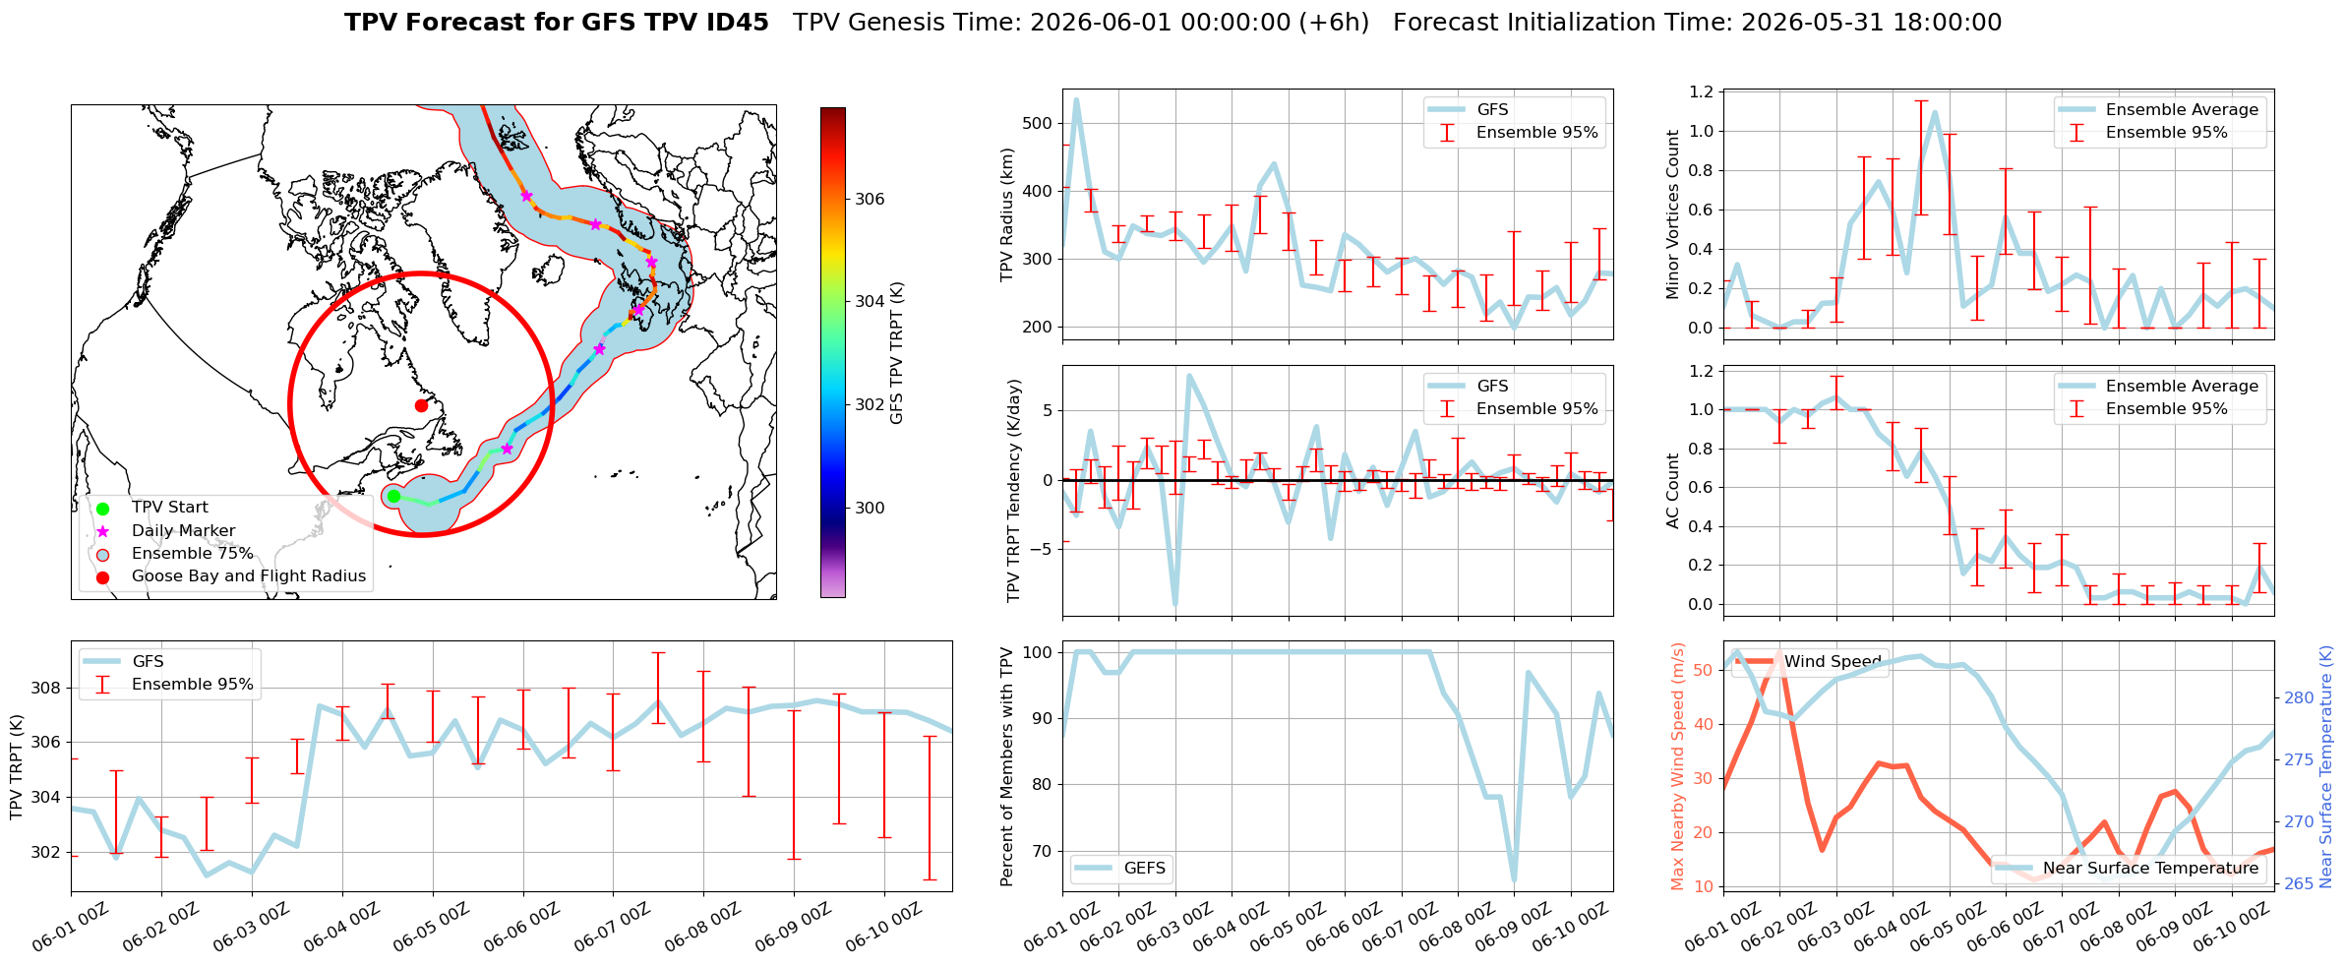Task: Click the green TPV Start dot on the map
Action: tap(393, 497)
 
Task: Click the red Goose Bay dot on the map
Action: tap(421, 405)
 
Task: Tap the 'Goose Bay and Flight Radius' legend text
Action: tap(249, 576)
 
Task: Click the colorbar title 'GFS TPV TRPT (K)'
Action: tap(896, 353)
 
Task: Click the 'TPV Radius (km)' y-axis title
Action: tap(1006, 214)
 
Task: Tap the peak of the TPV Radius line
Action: tap(1076, 99)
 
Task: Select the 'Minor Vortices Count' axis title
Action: tap(1673, 214)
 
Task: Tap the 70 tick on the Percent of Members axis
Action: tap(1042, 852)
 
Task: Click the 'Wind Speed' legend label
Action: tap(1833, 662)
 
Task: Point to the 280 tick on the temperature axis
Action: tap(2299, 698)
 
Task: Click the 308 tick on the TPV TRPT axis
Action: tap(46, 688)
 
